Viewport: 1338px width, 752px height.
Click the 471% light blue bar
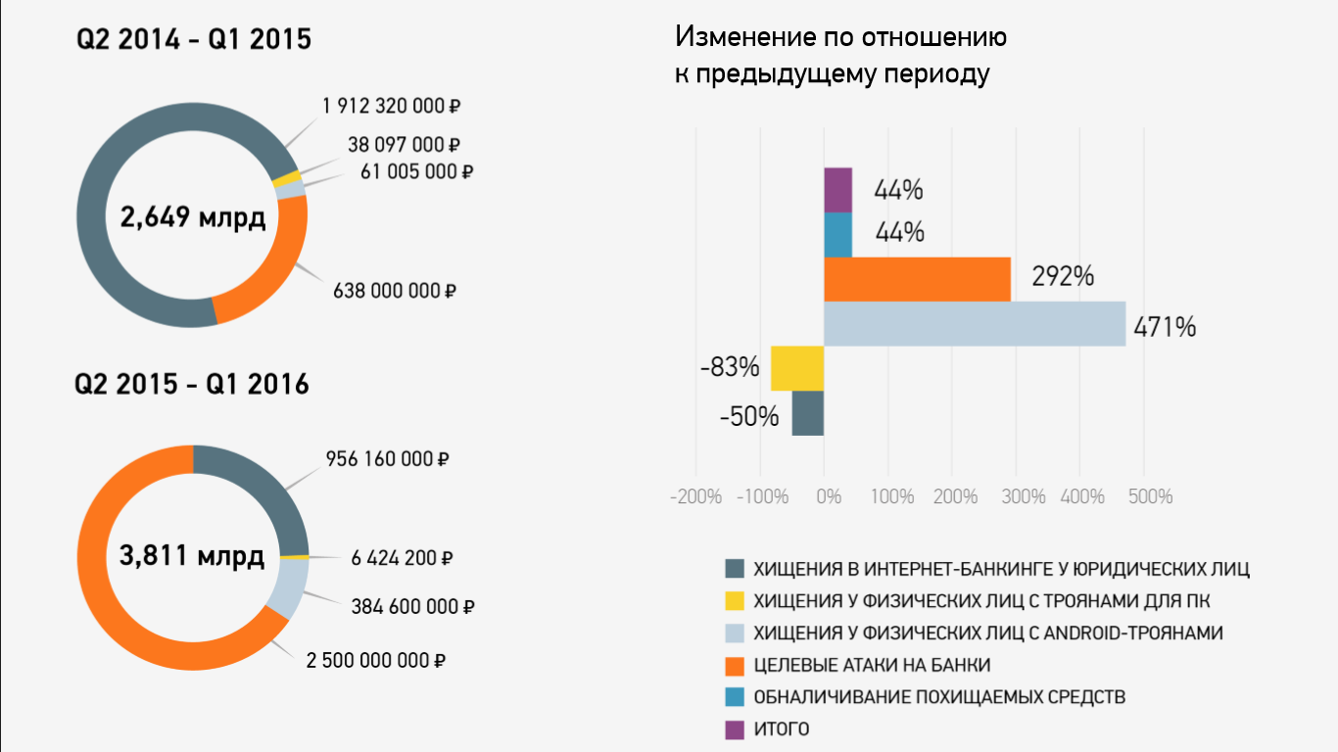tap(975, 324)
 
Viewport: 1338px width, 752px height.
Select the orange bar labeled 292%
tap(917, 279)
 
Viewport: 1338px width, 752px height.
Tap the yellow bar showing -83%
tap(797, 368)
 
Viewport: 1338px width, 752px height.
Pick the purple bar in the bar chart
tap(837, 190)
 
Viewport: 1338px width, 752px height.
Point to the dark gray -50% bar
tap(808, 413)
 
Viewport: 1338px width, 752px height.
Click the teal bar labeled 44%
tap(837, 235)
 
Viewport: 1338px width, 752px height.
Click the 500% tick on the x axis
tap(1151, 496)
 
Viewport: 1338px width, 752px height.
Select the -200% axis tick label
tap(695, 496)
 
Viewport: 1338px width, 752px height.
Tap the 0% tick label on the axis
tap(829, 496)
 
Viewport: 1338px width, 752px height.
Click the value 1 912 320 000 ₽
tap(391, 106)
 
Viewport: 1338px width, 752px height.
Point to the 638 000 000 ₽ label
tap(395, 291)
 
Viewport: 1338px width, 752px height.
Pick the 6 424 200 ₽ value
tap(402, 559)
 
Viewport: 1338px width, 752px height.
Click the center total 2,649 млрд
tap(192, 217)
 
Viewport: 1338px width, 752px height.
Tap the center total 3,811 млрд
tap(192, 557)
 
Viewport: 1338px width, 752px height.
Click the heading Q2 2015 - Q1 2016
tap(192, 385)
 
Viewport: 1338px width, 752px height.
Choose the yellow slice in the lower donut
tap(295, 556)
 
